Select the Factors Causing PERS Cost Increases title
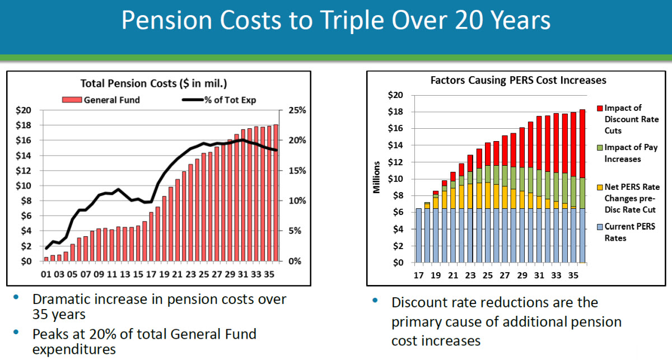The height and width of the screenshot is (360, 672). [x=518, y=80]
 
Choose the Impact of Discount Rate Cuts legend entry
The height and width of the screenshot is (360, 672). [x=631, y=119]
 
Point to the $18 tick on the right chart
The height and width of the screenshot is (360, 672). [x=395, y=112]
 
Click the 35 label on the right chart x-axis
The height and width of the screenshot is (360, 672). [x=573, y=275]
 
